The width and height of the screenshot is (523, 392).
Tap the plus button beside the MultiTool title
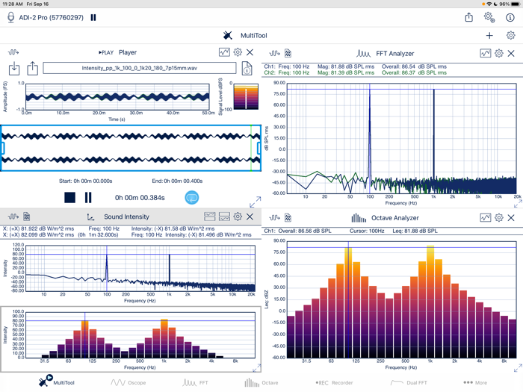click(x=489, y=35)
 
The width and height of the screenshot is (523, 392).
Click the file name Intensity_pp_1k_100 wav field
click(x=139, y=69)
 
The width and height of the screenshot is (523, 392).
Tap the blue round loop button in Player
click(x=191, y=198)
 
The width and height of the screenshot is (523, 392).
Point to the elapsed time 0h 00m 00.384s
click(x=139, y=198)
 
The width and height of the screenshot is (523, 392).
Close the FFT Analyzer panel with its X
click(x=511, y=54)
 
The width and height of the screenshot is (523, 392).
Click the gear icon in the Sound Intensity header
click(x=238, y=217)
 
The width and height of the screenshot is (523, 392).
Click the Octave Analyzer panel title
click(x=395, y=218)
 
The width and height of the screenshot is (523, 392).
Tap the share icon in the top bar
click(x=468, y=17)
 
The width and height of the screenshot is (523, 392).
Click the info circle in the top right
click(x=510, y=17)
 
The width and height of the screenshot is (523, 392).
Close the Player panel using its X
click(x=250, y=52)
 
